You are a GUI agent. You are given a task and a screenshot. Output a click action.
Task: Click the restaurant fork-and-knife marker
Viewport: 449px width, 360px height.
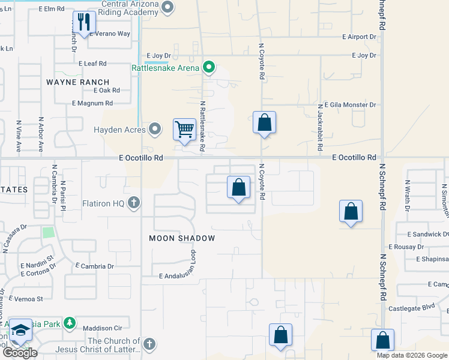coord(83,23)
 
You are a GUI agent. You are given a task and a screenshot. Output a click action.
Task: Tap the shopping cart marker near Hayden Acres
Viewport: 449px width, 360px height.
coord(184,129)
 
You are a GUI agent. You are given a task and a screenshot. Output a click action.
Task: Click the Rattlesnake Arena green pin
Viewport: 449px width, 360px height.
coord(208,67)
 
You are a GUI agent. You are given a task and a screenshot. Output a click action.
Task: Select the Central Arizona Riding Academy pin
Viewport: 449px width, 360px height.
coord(167,7)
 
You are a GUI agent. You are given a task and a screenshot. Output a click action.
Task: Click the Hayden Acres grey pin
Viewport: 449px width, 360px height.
coord(155,128)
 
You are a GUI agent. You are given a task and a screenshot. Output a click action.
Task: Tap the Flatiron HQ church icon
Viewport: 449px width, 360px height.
coord(134,203)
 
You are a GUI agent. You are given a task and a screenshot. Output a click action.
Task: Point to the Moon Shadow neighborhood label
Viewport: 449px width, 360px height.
coord(182,238)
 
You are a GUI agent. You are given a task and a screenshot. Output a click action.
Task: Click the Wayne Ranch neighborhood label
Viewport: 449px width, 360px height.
coord(78,82)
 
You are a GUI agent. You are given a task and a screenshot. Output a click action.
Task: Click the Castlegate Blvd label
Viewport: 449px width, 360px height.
coord(419,307)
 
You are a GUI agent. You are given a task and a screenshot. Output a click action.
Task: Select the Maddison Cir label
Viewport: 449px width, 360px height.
coord(102,328)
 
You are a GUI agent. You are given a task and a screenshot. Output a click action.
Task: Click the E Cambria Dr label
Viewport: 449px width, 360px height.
coord(95,266)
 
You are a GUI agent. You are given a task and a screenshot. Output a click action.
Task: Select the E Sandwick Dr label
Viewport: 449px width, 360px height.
coord(427,234)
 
